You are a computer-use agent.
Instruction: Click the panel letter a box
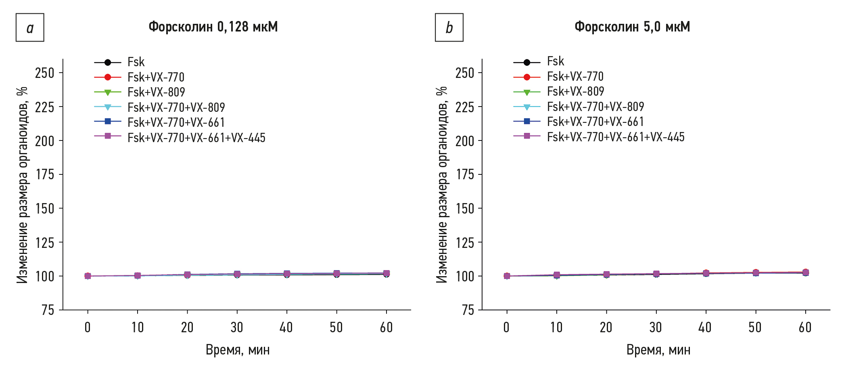pyautogui.click(x=30, y=27)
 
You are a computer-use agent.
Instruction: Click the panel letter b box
pyautogui.click(x=449, y=27)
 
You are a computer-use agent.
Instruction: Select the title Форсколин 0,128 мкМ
pyautogui.click(x=213, y=27)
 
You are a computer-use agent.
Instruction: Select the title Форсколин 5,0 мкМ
pyautogui.click(x=632, y=27)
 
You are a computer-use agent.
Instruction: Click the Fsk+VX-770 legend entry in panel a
pyautogui.click(x=156, y=77)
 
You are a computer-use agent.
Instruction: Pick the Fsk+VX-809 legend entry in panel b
pyautogui.click(x=575, y=92)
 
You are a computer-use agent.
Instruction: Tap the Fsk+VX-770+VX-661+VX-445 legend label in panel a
pyautogui.click(x=196, y=138)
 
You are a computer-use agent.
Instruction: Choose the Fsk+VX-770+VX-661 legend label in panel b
pyautogui.click(x=595, y=122)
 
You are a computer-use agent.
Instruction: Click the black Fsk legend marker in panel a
pyautogui.click(x=108, y=62)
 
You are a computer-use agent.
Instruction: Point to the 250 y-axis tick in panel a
pyautogui.click(x=44, y=73)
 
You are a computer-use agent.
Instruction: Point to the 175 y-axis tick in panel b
pyautogui.click(x=465, y=174)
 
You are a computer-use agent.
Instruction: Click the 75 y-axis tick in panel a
pyautogui.click(x=48, y=310)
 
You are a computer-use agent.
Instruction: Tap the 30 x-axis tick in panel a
pyautogui.click(x=237, y=327)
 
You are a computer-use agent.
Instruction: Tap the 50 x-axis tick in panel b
pyautogui.click(x=755, y=327)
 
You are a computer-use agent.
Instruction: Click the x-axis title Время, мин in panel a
pyautogui.click(x=238, y=350)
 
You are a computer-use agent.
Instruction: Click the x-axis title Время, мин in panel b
pyautogui.click(x=658, y=350)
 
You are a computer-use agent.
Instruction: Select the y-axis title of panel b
pyautogui.click(x=442, y=185)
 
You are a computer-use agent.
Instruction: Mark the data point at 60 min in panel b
pyautogui.click(x=805, y=273)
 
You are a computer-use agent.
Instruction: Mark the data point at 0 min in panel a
pyautogui.click(x=88, y=276)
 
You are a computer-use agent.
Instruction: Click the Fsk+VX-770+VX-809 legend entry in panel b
pyautogui.click(x=595, y=107)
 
